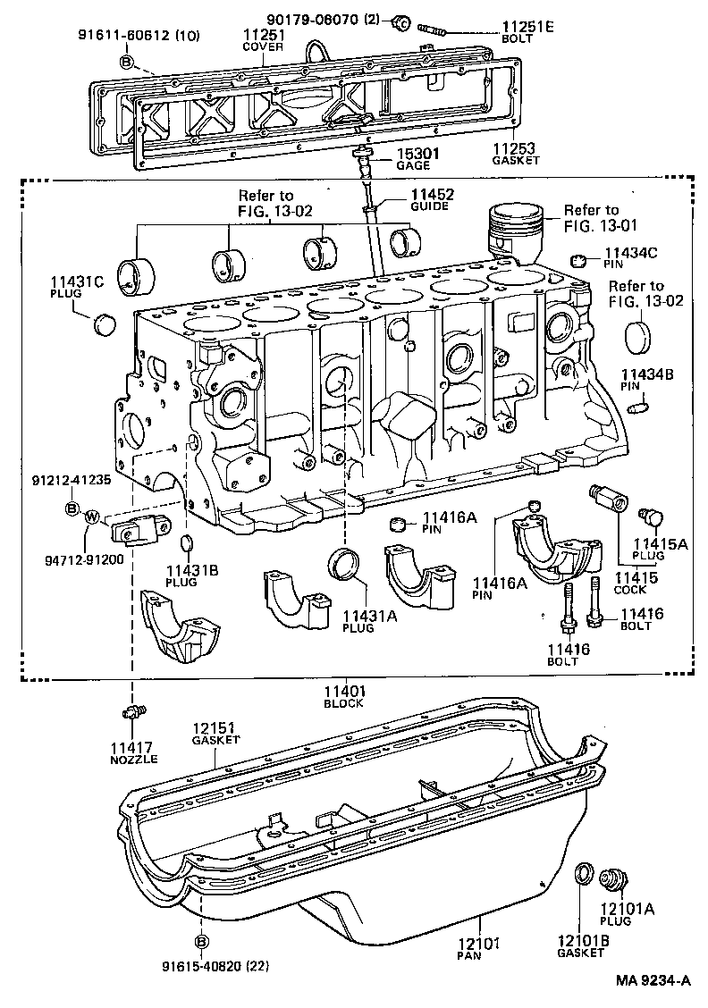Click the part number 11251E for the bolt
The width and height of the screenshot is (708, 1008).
tap(525, 26)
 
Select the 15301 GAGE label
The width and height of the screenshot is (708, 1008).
tap(414, 160)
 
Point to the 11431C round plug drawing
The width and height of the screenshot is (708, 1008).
tap(105, 323)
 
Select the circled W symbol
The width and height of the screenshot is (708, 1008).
tap(91, 516)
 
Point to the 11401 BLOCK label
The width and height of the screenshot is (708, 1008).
tap(345, 696)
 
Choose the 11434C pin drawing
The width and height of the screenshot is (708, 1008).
tap(577, 260)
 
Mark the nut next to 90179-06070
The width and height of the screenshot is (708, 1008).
tap(401, 21)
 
